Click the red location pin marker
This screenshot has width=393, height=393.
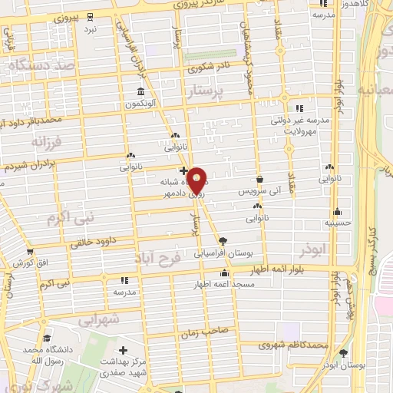pos(197,180)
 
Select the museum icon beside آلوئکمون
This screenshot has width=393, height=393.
pos(140,93)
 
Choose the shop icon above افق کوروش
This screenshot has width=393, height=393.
pos(30,252)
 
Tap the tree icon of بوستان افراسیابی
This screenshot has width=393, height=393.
pos(223,239)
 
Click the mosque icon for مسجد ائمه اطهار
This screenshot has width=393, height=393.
pos(224,272)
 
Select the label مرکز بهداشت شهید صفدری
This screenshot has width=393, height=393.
pos(124,364)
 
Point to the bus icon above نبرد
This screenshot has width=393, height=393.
pos(91,16)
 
